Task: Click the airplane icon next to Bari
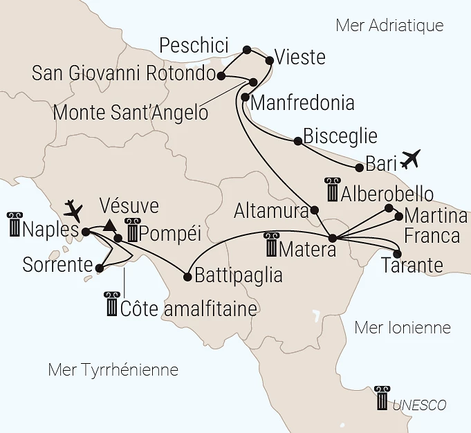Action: (x=410, y=159)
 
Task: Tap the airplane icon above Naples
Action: (x=73, y=208)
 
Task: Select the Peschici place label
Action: (x=194, y=46)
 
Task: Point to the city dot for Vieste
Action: (x=270, y=60)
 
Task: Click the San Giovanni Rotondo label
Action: (x=125, y=74)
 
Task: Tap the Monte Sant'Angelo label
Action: (x=131, y=111)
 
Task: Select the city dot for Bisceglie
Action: (x=297, y=141)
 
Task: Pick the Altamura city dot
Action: (x=315, y=210)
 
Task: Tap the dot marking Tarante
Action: (x=397, y=253)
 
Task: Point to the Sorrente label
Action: (x=57, y=264)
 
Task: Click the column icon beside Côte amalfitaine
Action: (x=111, y=304)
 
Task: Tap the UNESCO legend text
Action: (x=419, y=405)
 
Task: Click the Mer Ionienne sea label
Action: (x=403, y=327)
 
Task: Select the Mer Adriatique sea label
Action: (x=389, y=26)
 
